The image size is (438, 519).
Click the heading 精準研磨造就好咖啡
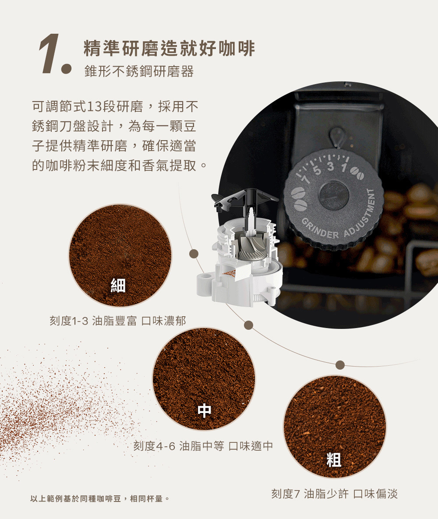coord(169,49)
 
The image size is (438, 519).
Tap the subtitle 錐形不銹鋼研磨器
coord(139,72)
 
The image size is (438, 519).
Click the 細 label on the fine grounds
coord(118,286)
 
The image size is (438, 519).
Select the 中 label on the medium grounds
coord(204,410)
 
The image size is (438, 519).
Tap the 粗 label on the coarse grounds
coord(334,459)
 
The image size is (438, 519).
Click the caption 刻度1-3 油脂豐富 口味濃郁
coord(118,321)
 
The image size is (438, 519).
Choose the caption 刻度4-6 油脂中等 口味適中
coord(203,446)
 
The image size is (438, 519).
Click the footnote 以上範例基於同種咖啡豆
coord(99,499)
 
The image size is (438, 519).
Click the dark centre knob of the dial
coord(334,195)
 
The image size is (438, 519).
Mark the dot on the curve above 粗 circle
coord(340,365)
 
